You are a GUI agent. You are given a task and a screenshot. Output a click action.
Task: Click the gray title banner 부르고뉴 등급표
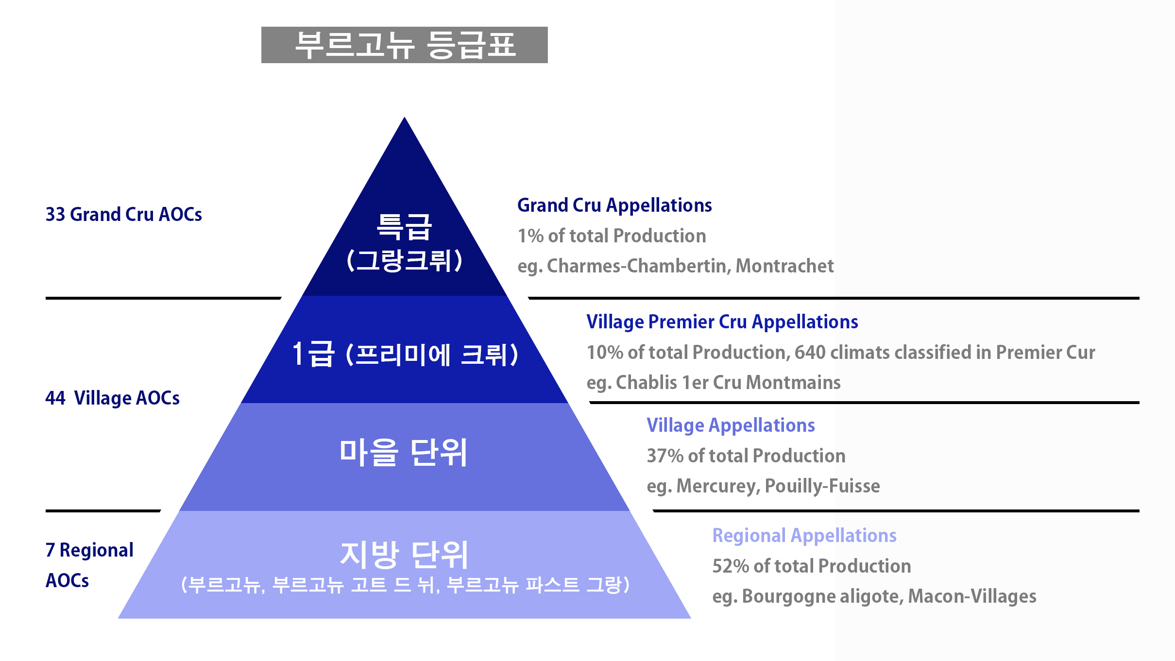tap(404, 45)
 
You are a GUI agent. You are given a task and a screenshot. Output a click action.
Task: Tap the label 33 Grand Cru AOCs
tap(123, 214)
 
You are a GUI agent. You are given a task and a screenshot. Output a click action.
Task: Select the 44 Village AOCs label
tap(112, 398)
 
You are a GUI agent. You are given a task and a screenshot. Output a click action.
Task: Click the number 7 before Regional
tap(50, 550)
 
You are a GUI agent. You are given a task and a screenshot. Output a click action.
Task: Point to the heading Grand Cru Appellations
tap(614, 205)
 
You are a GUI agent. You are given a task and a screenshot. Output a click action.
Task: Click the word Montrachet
tap(784, 266)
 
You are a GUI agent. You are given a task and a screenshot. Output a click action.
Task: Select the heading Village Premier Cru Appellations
tap(722, 322)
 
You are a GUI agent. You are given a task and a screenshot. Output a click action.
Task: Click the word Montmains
tap(793, 383)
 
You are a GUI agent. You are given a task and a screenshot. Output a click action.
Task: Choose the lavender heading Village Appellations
tap(731, 425)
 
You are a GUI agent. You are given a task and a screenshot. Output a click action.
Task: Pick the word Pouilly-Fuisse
tap(822, 486)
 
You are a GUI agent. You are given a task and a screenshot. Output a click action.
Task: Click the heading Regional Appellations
tap(804, 536)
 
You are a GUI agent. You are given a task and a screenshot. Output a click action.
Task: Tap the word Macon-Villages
tap(972, 596)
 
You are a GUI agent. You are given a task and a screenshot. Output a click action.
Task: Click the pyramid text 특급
tap(404, 227)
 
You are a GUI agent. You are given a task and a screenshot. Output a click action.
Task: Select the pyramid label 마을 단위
tap(403, 452)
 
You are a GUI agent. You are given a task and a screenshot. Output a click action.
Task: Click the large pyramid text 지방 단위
tap(404, 554)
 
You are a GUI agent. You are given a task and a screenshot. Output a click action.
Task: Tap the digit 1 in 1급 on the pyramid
tap(297, 354)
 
